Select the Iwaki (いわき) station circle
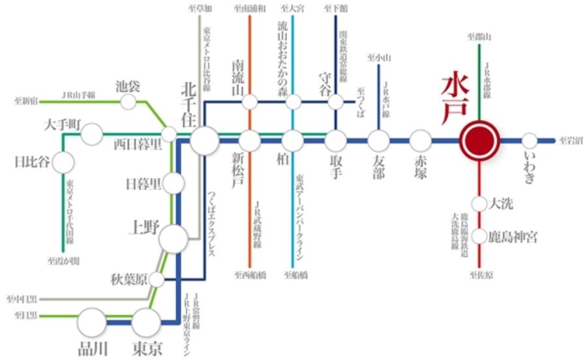click(530, 140)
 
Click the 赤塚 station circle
click(421, 140)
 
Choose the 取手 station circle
click(336, 140)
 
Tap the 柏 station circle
click(293, 140)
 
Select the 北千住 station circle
click(205, 140)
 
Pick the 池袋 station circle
click(129, 102)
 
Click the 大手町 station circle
click(92, 135)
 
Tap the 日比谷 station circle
click(64, 162)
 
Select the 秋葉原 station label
click(128, 280)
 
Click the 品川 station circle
click(92, 322)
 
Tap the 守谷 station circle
click(336, 102)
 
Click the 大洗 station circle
click(479, 203)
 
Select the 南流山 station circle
click(249, 102)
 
